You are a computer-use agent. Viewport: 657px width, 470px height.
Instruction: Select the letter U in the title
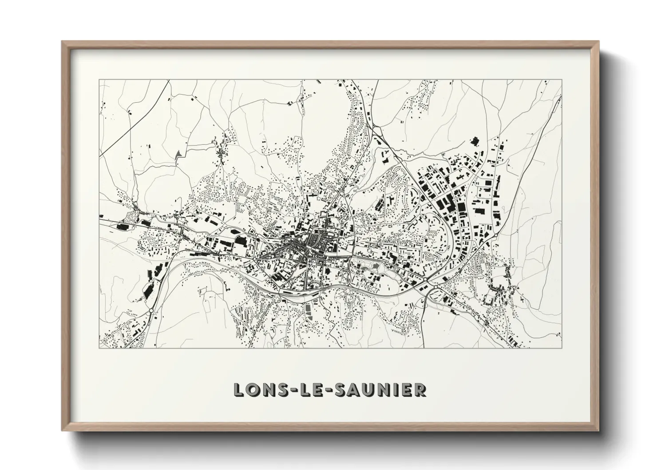368,390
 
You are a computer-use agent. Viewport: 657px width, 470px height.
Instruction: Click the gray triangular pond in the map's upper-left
178,154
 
